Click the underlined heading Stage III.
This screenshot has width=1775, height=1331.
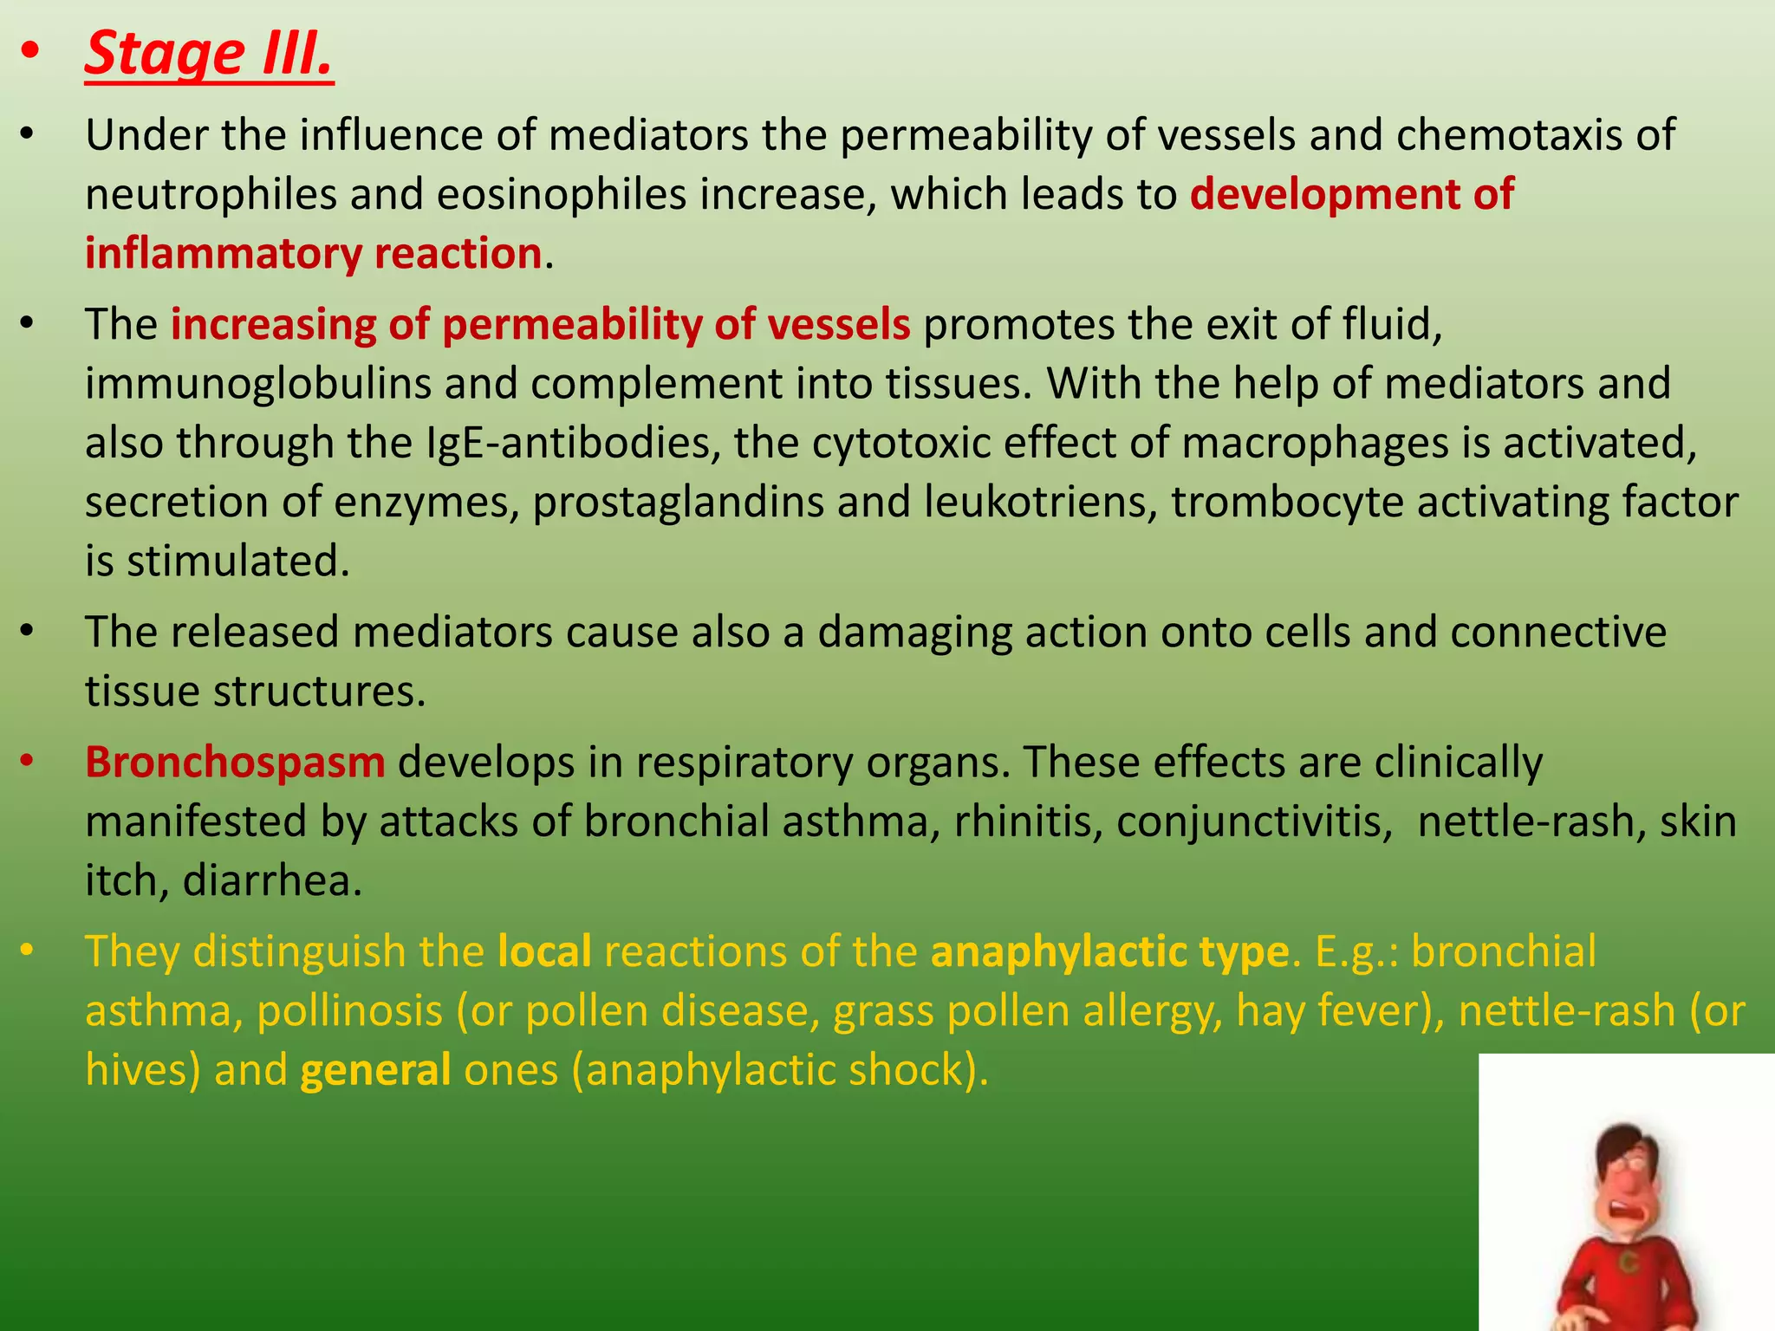pyautogui.click(x=209, y=55)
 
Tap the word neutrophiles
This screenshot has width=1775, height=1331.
pyautogui.click(x=211, y=194)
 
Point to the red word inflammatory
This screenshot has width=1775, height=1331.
pyautogui.click(x=223, y=254)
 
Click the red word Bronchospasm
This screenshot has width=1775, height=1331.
pyautogui.click(x=235, y=763)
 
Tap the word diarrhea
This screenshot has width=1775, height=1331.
pyautogui.click(x=272, y=880)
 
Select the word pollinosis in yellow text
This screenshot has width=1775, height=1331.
pyautogui.click(x=350, y=1010)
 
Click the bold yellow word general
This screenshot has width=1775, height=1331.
pyautogui.click(x=375, y=1070)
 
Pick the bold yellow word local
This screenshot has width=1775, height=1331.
pyautogui.click(x=544, y=951)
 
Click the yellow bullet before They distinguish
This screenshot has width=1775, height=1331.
pyautogui.click(x=28, y=951)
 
